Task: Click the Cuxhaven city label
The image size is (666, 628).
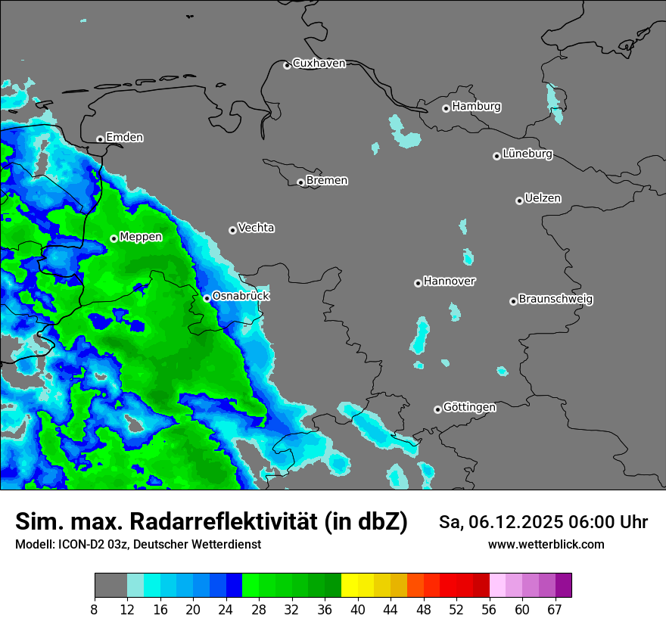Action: coord(319,64)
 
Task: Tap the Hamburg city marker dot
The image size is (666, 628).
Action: coord(446,108)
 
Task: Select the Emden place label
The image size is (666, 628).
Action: coord(124,138)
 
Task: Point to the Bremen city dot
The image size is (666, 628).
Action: coord(300,182)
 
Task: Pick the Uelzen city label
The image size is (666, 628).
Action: coord(543,199)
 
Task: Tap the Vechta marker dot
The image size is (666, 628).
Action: coord(232,230)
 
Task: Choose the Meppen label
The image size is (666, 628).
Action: coord(141,237)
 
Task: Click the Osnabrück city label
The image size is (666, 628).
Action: coord(241,296)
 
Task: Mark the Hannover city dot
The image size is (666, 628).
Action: coord(418,283)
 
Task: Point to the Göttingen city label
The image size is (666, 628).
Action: coord(469,408)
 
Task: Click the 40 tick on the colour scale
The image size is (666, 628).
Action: coord(358,609)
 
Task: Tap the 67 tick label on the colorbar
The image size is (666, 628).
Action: coord(555,609)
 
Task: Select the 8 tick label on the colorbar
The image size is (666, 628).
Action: coord(95,609)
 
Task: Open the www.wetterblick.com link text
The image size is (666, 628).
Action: coord(546,545)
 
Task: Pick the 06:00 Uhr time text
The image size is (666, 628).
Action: coord(599,522)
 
